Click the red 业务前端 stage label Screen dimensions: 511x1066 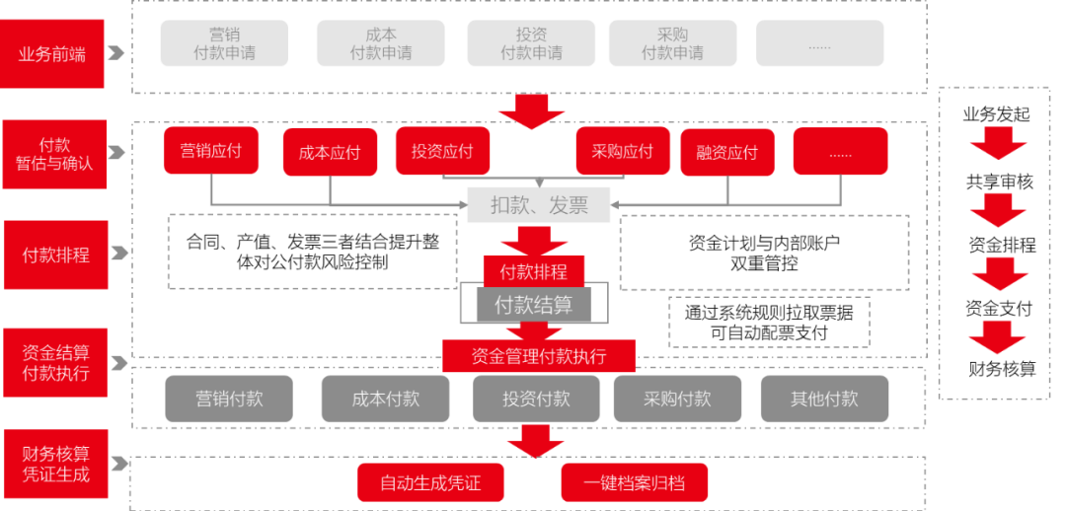(52, 53)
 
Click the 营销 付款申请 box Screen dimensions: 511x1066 (224, 43)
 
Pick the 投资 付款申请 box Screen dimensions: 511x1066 (531, 43)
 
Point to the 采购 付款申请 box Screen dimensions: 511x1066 (672, 43)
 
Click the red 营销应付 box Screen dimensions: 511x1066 (210, 151)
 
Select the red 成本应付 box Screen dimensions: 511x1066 (330, 153)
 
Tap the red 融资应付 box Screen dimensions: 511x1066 (726, 152)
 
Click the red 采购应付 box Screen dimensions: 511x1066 (623, 151)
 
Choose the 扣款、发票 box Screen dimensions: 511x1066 (539, 205)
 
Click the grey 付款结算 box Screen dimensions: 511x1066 (533, 305)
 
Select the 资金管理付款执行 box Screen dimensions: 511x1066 (539, 356)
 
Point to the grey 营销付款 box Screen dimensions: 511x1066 (229, 399)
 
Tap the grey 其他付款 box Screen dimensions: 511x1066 (824, 399)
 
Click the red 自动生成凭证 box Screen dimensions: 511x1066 (430, 483)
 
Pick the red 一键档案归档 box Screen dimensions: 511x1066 (634, 483)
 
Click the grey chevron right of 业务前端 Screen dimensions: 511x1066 (116, 53)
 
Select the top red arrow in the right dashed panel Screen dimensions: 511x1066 (998, 144)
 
